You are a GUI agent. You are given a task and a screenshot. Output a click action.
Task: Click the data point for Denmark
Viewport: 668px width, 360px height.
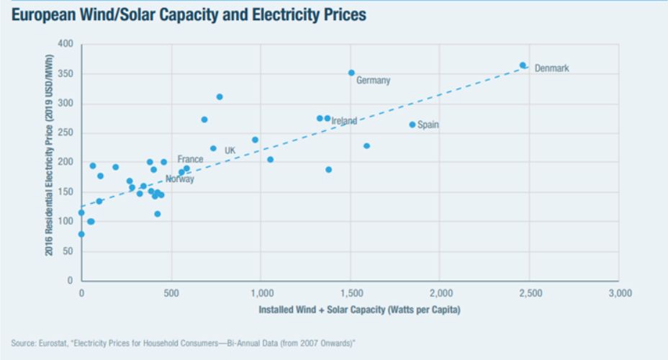[523, 66]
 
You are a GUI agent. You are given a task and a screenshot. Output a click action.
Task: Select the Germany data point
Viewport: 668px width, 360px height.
[351, 73]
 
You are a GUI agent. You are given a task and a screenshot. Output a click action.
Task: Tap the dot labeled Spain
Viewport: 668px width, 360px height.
[412, 125]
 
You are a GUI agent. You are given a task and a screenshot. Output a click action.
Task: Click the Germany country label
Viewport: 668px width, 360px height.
[373, 81]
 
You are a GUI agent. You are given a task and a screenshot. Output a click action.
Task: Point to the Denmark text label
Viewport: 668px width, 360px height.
[551, 68]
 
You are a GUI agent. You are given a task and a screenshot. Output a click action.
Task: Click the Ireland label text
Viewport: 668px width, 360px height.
[344, 122]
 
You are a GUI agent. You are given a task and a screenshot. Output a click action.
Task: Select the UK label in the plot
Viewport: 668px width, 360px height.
[230, 150]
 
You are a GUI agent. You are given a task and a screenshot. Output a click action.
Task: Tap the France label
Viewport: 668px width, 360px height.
[191, 159]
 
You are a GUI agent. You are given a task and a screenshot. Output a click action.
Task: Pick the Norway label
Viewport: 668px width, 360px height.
[179, 179]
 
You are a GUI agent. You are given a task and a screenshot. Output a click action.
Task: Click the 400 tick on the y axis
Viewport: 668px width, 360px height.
[66, 45]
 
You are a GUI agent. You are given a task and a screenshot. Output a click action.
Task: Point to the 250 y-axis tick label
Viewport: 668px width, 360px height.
[66, 133]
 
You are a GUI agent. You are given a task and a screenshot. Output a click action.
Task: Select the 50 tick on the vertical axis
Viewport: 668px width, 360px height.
[68, 251]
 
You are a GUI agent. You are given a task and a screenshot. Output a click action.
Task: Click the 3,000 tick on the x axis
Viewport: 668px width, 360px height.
[620, 293]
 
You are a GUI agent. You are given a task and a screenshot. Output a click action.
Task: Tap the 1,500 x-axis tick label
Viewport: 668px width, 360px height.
[351, 293]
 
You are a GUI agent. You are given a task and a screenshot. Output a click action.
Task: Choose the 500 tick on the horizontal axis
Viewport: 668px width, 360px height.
[171, 293]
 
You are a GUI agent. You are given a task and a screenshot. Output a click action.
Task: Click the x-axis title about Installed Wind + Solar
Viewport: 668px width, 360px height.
[359, 310]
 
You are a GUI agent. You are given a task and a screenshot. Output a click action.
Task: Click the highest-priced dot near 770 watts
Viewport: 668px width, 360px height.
[220, 96]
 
